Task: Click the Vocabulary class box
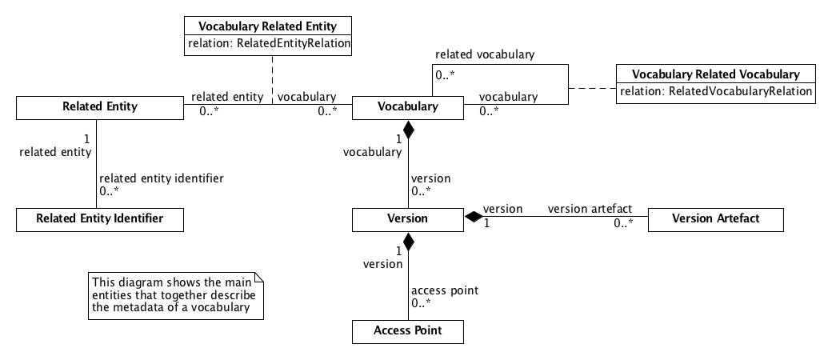coord(408,107)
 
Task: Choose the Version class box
coord(408,219)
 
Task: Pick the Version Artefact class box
coord(715,219)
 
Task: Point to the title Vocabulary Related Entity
coord(267,26)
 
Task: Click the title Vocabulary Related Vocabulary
coord(715,74)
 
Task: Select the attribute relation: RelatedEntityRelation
coord(269,44)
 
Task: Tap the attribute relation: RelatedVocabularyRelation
coord(715,91)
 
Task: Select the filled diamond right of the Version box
coord(474,217)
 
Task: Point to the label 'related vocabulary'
coord(485,55)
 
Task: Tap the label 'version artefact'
coord(590,209)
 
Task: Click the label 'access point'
coord(444,290)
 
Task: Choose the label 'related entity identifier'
coord(161,178)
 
